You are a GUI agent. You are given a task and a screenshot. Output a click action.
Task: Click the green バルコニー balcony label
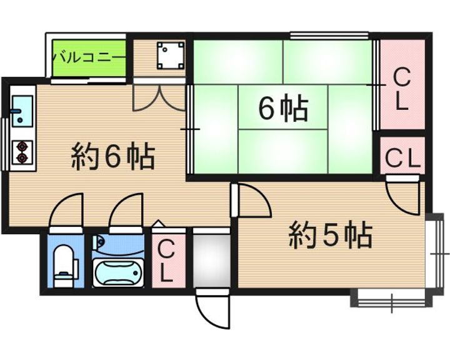(89, 57)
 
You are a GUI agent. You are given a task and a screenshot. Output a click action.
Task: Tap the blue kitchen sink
(23, 111)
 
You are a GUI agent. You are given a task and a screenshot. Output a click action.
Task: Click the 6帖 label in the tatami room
(283, 110)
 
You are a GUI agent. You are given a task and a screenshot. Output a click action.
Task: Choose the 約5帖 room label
(331, 236)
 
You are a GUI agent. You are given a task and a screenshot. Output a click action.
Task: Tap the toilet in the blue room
(64, 265)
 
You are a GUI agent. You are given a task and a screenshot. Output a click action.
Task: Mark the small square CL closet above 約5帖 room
(402, 157)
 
